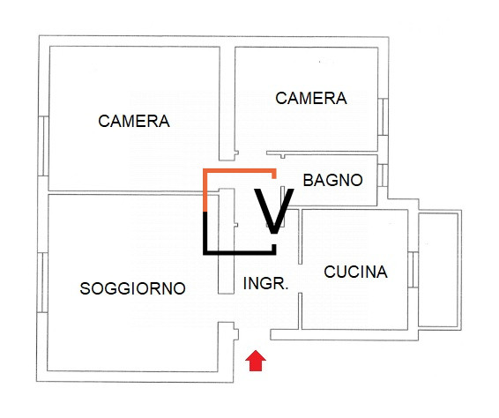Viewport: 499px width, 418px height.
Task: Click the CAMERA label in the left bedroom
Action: coord(134,121)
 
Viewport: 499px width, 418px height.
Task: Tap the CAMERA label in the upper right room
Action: coord(311,98)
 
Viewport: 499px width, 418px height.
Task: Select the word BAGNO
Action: coord(332,180)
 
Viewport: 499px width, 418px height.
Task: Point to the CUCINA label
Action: coord(355,272)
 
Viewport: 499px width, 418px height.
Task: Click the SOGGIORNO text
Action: coord(132,287)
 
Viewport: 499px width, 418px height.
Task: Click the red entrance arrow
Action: coord(255,361)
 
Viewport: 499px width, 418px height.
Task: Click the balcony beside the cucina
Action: coord(439,268)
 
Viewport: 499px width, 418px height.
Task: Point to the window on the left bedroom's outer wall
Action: coord(41,146)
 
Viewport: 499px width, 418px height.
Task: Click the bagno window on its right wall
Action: coord(384,175)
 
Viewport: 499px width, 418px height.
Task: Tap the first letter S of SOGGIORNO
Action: coord(85,287)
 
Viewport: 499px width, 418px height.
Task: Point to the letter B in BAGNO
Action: coord(308,180)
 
